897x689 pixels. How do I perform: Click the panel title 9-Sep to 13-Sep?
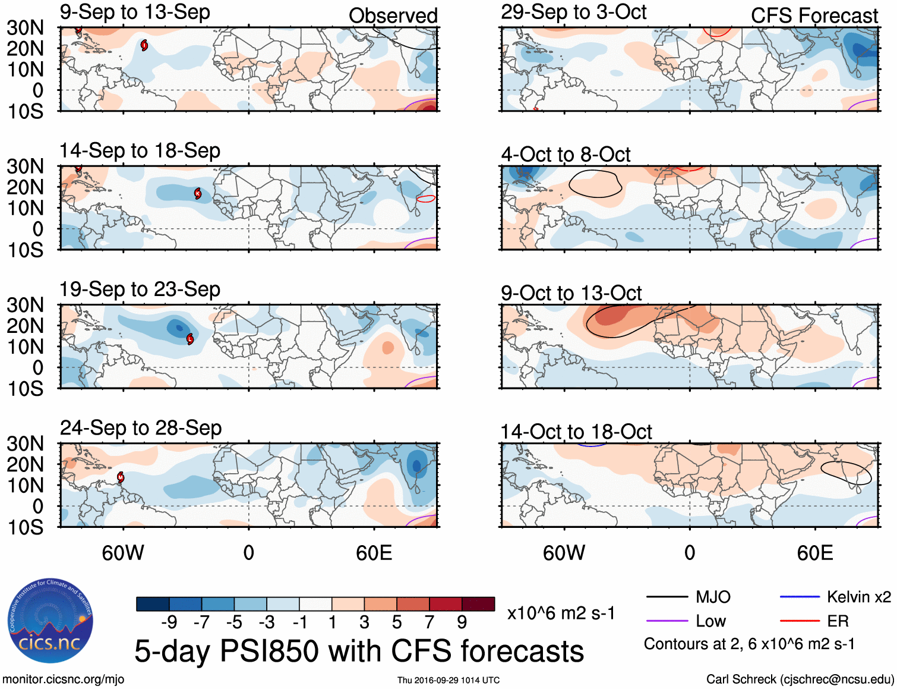[x=135, y=12]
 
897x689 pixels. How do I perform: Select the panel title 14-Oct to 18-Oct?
[x=576, y=432]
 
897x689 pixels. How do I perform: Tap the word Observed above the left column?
[x=393, y=16]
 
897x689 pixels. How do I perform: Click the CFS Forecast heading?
[x=814, y=16]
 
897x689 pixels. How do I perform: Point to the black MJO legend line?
[x=667, y=597]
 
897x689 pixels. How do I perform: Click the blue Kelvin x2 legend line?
[x=800, y=597]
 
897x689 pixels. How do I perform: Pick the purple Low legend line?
[x=667, y=621]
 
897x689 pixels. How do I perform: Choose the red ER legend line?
[x=800, y=621]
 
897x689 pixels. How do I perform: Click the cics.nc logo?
[x=50, y=621]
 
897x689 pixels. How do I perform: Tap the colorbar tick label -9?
[x=169, y=622]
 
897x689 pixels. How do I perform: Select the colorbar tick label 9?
[x=462, y=622]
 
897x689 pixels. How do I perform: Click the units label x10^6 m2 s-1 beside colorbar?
[x=561, y=614]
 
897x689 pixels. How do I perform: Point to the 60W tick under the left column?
[x=123, y=553]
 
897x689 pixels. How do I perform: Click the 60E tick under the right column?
[x=815, y=553]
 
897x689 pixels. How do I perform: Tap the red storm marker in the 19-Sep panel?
[x=190, y=339]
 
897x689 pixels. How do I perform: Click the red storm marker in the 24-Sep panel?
[x=121, y=477]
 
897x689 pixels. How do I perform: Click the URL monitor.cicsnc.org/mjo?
[x=63, y=679]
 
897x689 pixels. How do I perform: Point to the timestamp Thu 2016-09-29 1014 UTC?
[x=448, y=680]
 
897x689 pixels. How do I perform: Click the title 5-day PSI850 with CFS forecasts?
[x=359, y=651]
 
